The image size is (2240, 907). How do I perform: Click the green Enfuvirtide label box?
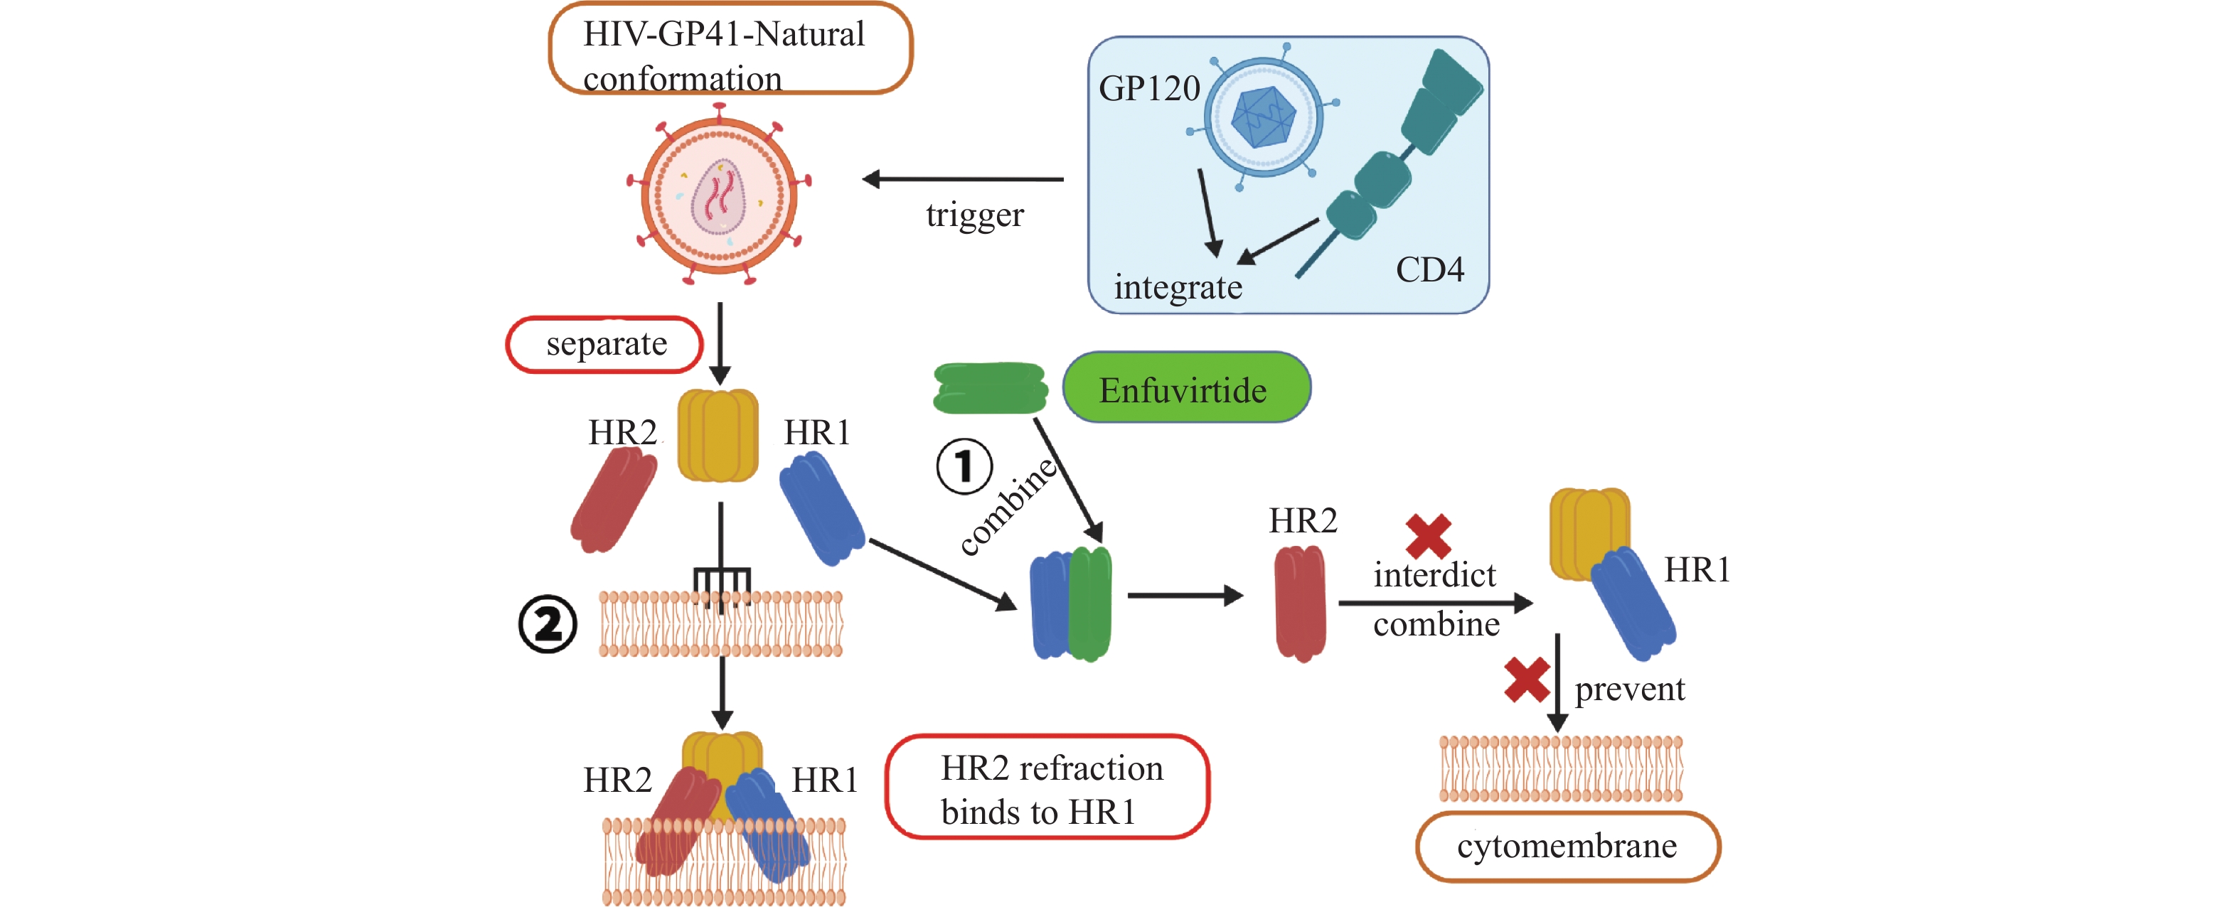(1186, 389)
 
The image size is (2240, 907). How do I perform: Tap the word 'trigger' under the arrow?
(974, 214)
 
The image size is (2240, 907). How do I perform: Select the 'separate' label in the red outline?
(605, 344)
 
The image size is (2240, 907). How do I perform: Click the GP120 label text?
(1148, 89)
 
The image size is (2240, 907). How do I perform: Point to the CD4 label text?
(1429, 269)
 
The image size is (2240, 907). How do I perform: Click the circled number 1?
(964, 466)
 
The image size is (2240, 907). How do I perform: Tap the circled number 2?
(547, 623)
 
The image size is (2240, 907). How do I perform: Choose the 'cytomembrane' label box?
(1567, 845)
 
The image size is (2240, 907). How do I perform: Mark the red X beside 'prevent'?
(1526, 679)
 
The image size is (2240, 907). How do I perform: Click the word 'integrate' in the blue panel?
(1178, 287)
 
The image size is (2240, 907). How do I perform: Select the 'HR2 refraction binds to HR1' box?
(1047, 788)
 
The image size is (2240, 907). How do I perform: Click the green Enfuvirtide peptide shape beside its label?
(990, 388)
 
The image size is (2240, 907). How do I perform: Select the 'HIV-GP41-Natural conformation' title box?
(730, 49)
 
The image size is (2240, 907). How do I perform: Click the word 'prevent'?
(1628, 689)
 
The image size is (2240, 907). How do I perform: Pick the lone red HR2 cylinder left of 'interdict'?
(1300, 602)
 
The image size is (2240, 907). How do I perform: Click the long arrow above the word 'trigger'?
(963, 179)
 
